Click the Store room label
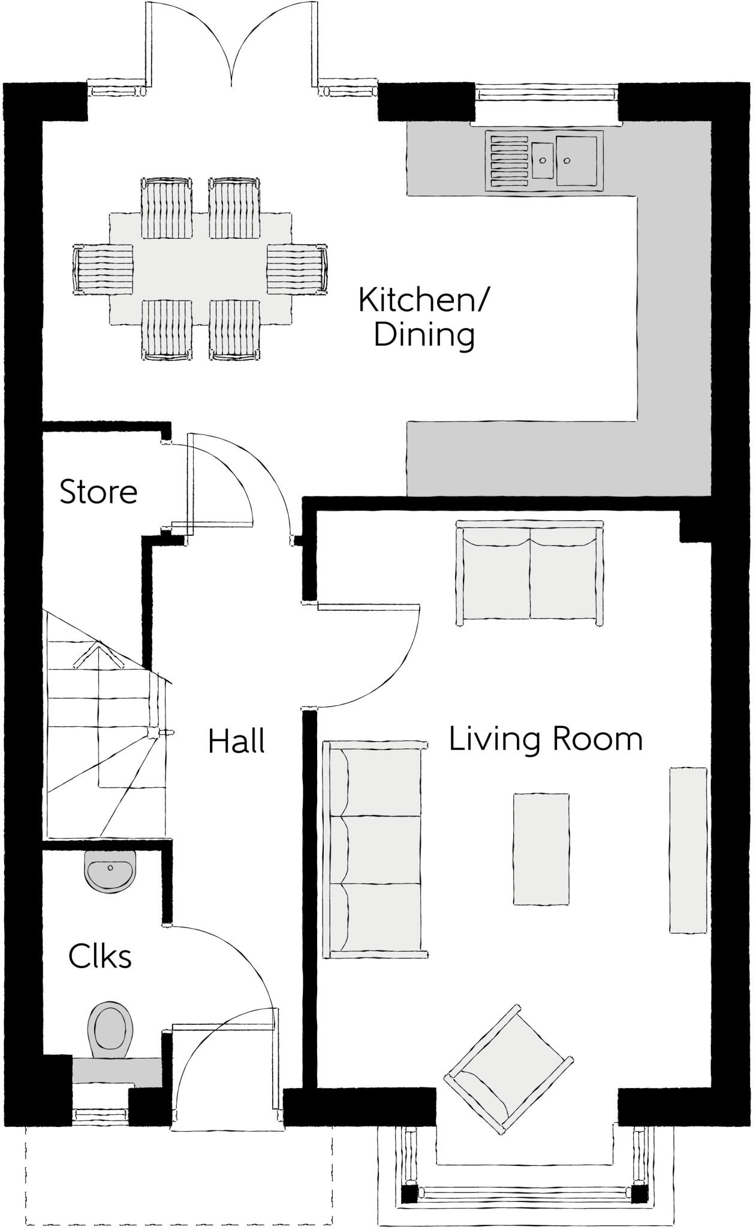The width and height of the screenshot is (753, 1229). click(x=99, y=492)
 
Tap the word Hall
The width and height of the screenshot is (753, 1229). click(x=236, y=742)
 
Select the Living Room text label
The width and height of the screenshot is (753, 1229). click(x=546, y=739)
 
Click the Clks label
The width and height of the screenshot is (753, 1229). click(x=100, y=957)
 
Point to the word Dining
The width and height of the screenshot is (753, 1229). click(x=424, y=335)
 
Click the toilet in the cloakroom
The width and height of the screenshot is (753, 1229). click(x=109, y=1030)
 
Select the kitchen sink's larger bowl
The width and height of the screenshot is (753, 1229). click(x=577, y=161)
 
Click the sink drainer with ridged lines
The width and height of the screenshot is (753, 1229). click(x=509, y=160)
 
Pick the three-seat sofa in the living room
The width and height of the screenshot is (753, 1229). click(x=375, y=850)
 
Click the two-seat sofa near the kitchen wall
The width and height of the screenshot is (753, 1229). click(x=530, y=574)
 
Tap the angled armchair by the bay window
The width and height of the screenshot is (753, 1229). click(x=508, y=1069)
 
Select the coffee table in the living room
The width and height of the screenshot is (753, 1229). click(x=541, y=849)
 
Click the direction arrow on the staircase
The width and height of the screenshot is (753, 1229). click(x=98, y=655)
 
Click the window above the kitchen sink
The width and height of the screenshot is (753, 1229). click(x=546, y=93)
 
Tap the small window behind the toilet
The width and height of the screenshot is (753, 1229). click(x=101, y=1115)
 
